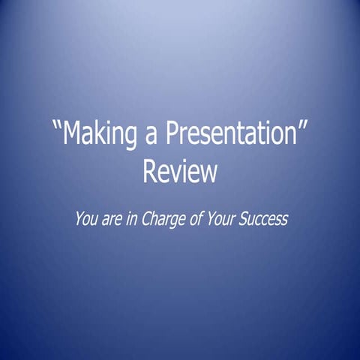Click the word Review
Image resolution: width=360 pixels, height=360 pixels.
tap(180, 172)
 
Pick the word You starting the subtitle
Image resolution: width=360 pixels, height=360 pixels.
tap(85, 220)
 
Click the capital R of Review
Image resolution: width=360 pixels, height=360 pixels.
tap(150, 172)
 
